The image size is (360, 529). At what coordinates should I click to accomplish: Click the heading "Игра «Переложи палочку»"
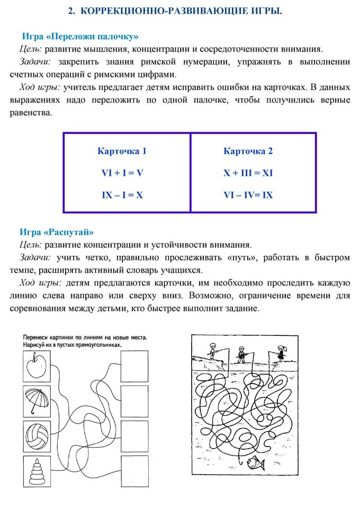[80, 37]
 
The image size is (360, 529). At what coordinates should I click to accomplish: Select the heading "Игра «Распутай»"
[57, 232]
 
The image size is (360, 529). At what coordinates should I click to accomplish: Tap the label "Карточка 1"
[122, 151]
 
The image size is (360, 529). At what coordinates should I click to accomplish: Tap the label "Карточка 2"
[248, 151]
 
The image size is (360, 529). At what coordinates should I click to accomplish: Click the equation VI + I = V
[122, 173]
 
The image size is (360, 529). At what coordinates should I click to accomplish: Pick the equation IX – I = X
[122, 195]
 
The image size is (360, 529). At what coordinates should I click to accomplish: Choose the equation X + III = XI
[248, 173]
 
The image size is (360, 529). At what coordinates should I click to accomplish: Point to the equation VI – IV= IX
[248, 195]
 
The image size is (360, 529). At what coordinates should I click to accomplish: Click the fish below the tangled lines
[256, 461]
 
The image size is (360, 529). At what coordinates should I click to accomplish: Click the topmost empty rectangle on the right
[134, 367]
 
